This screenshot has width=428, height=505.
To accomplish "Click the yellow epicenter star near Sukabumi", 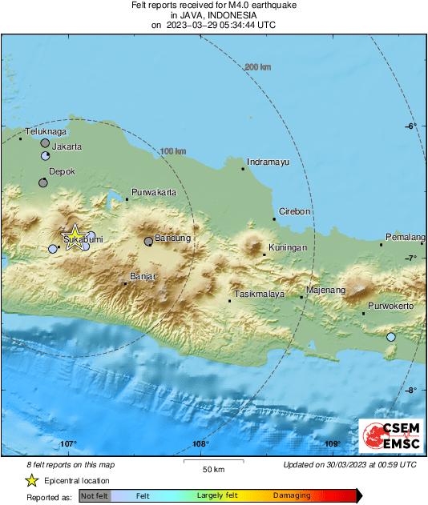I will coord(73,237).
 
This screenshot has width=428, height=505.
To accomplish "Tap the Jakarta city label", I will coord(67,147).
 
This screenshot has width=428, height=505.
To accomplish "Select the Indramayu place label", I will coord(268,162).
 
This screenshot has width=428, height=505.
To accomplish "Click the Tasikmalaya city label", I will coord(259,294).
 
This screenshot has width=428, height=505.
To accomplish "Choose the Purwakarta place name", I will coord(154,193).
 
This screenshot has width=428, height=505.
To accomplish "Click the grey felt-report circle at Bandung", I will coord(148,241).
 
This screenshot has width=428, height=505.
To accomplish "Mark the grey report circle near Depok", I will coord(42,182).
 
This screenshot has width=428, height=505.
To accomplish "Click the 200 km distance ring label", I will coord(257,66).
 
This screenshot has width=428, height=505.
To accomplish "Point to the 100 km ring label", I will coord(173,151).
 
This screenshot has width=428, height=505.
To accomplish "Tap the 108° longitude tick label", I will coord(200,444).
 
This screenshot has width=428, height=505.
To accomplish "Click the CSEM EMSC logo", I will coord(386,436).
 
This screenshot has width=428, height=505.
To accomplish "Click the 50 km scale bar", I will coord(212,462).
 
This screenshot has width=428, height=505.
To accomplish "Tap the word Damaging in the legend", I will coord(292,496).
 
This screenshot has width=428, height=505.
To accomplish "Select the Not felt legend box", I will coord(95,496).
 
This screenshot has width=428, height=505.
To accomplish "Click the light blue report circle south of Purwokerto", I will coord(391,338).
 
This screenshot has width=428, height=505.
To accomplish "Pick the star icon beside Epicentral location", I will coord(31,480).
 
